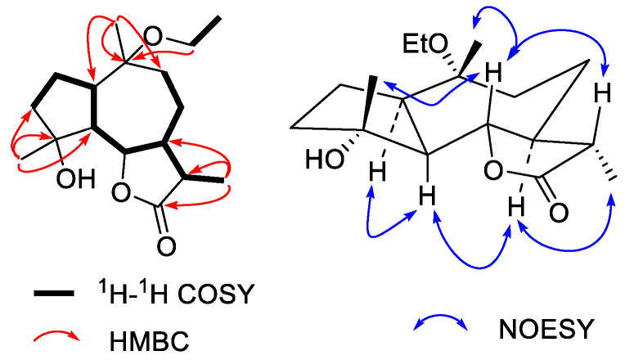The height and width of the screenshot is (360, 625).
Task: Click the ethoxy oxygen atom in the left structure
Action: click(152, 37)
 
